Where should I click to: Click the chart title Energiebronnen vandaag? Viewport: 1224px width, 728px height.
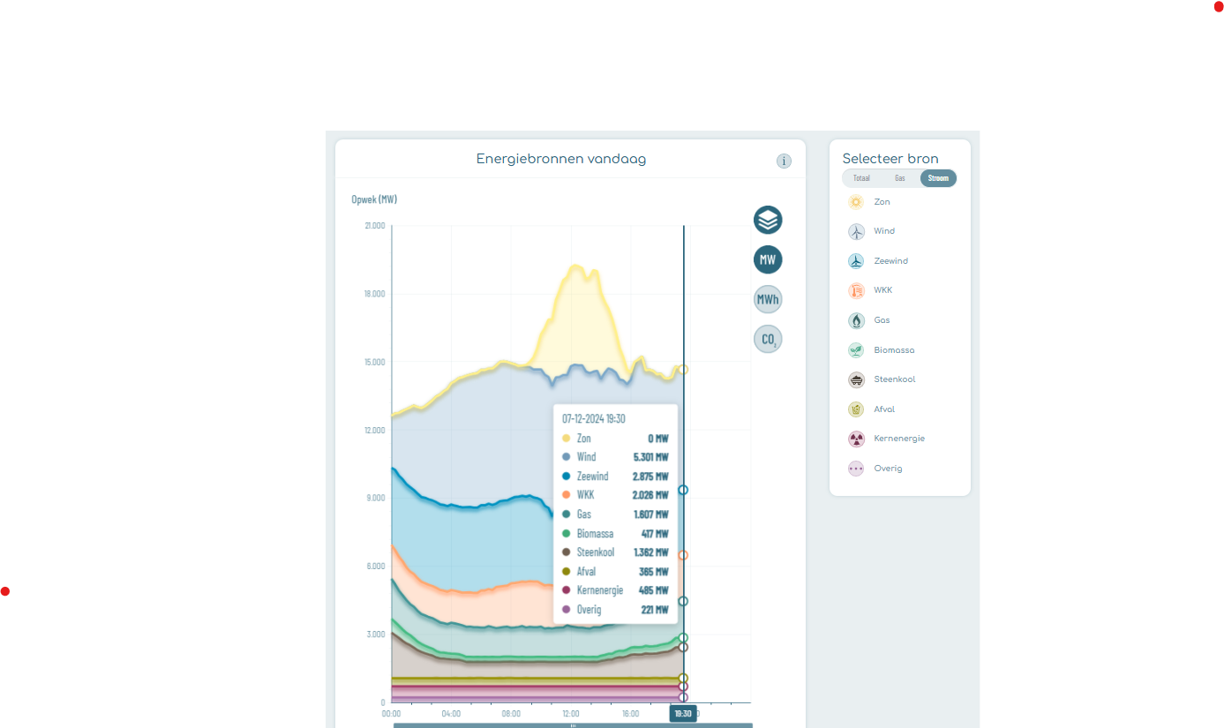click(560, 159)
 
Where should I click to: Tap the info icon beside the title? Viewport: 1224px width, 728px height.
click(784, 161)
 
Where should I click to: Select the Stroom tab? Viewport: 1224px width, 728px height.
click(937, 178)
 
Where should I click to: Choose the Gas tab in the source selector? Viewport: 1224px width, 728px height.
click(899, 178)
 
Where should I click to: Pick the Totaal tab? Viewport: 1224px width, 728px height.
click(861, 178)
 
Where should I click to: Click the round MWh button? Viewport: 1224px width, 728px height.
click(768, 299)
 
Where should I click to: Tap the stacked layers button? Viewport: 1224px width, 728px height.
click(768, 220)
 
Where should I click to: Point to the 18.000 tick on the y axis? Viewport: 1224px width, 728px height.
click(374, 294)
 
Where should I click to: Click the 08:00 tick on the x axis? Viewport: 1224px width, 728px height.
click(511, 713)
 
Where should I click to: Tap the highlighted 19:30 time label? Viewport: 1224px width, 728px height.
click(683, 713)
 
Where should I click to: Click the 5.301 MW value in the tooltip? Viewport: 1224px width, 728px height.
click(650, 457)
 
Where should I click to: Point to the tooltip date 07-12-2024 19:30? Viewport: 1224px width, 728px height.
click(594, 418)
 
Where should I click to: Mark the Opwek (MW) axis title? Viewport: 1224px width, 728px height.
click(374, 199)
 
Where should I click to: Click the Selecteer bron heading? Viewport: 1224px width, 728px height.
click(890, 159)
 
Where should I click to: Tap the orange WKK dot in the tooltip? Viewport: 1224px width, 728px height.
click(566, 495)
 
